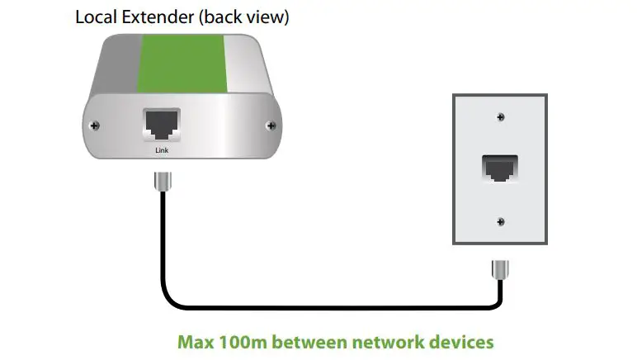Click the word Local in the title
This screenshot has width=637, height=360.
(96, 17)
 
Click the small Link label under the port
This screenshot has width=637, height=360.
(162, 150)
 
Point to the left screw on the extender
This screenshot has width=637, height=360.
(97, 126)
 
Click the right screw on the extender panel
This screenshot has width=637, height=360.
(271, 126)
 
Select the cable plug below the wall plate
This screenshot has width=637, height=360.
(499, 270)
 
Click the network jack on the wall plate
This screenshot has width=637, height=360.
(499, 168)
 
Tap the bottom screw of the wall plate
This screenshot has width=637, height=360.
(500, 221)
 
